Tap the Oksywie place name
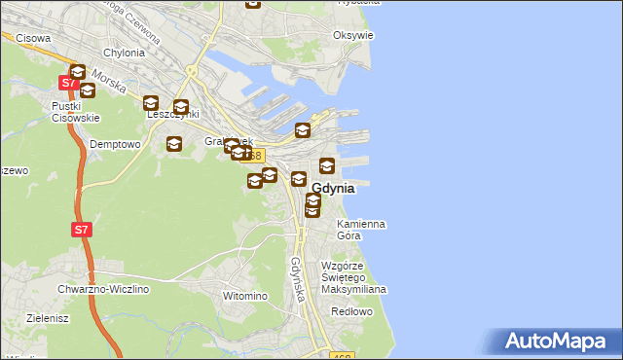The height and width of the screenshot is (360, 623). tap(352, 35)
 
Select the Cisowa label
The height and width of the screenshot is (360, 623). tap(33, 37)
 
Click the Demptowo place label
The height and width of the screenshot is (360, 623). tap(115, 144)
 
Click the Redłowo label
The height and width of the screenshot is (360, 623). tap(351, 311)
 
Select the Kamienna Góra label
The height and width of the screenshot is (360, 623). tap(360, 230)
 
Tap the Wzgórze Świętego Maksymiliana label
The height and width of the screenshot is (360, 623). tap(354, 277)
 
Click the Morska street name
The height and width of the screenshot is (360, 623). tap(110, 85)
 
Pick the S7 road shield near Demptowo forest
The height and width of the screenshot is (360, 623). tap(82, 231)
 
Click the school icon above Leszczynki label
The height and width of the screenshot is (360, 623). tap(151, 103)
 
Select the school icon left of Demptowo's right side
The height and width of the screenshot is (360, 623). tap(173, 145)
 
